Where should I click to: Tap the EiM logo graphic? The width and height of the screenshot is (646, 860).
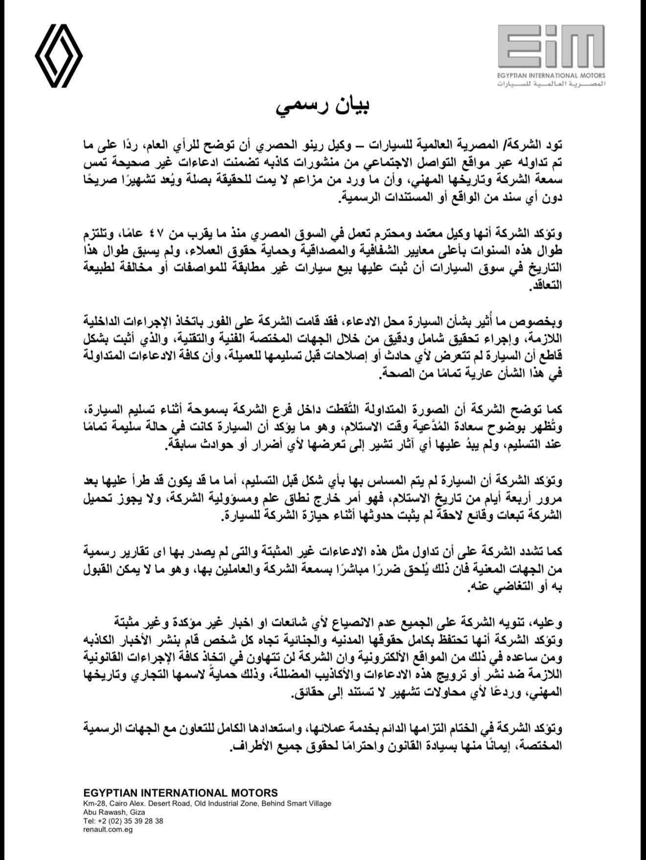(552, 46)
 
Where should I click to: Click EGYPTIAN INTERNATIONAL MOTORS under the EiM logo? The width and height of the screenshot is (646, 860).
(552, 75)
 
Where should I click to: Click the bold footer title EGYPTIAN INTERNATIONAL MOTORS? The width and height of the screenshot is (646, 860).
(181, 792)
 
